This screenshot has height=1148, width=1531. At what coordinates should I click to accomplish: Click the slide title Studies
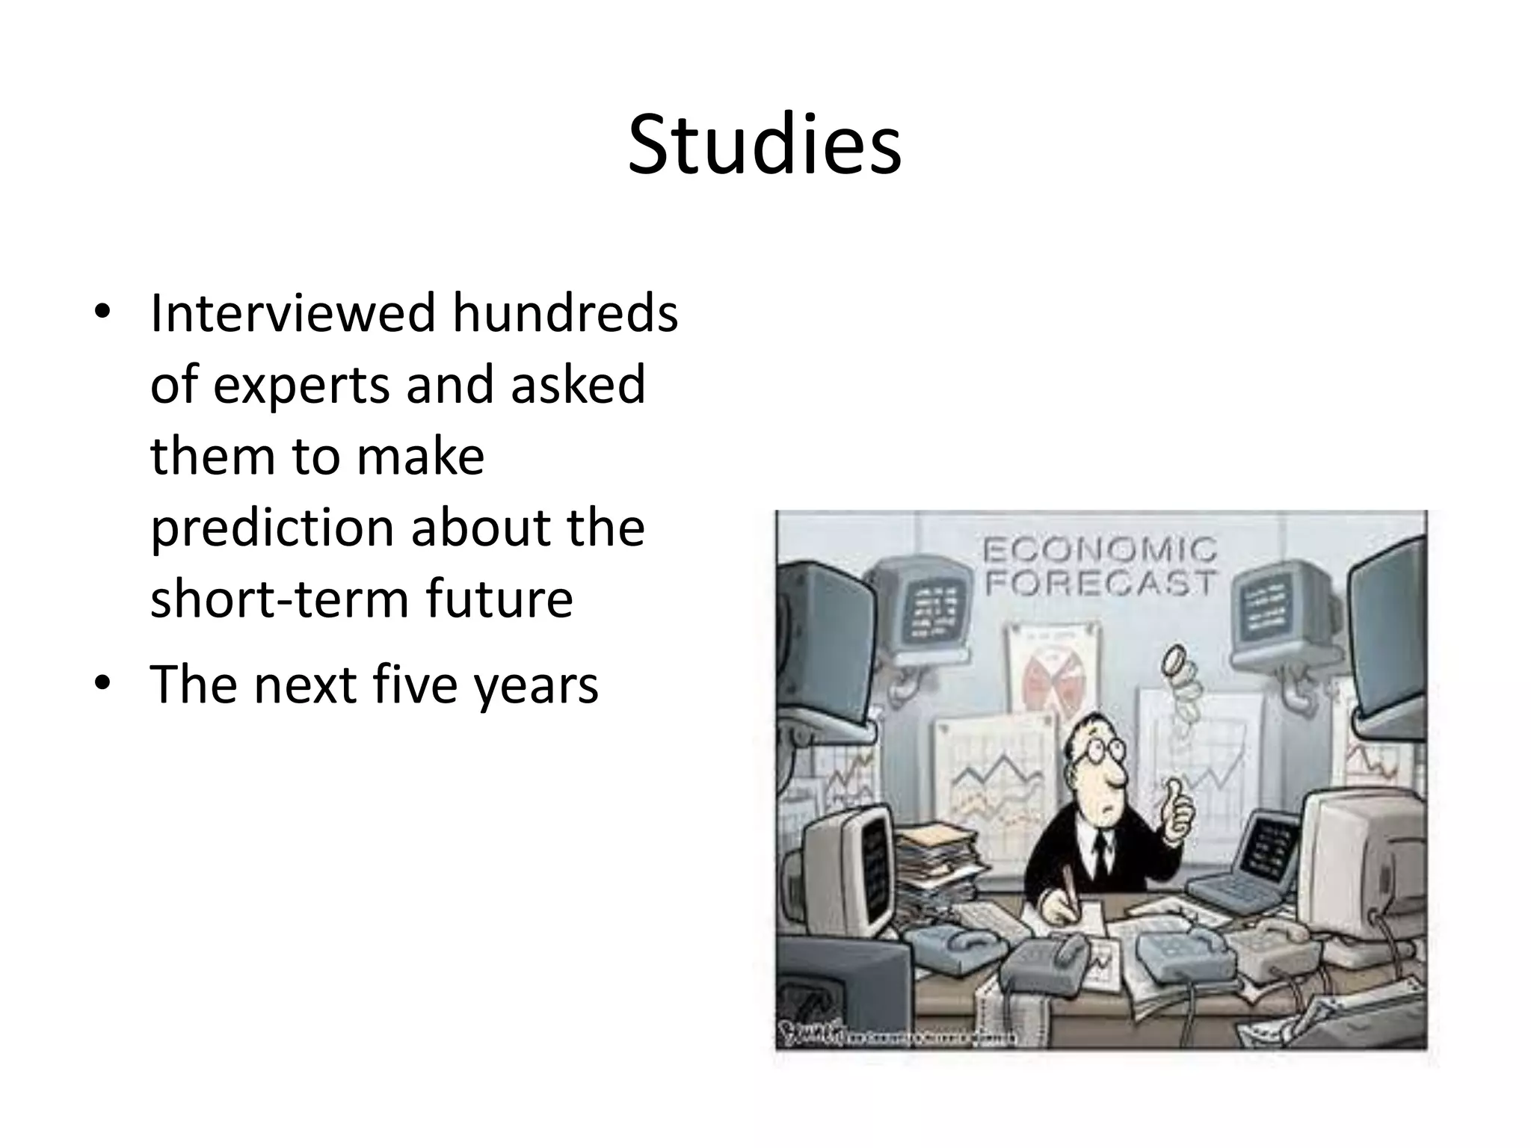click(x=764, y=145)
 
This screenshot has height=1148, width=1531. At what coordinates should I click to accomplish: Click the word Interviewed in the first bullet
click(x=292, y=312)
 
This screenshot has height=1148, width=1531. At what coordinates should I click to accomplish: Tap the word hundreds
click(x=565, y=312)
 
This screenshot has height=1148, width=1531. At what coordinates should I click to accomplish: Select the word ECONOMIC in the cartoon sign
click(x=1100, y=551)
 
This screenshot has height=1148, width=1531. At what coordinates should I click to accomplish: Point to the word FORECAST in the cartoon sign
click(x=1100, y=582)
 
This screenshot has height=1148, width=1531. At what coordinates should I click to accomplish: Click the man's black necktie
click(x=1100, y=852)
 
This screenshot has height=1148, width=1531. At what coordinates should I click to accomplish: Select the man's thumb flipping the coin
click(x=1175, y=789)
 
